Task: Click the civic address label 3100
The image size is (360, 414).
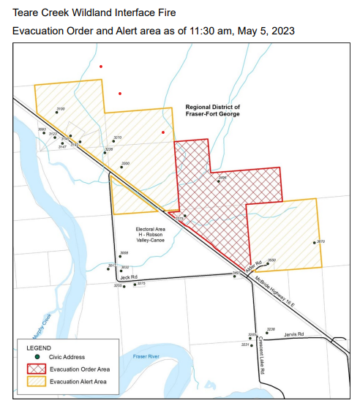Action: (x=60, y=109)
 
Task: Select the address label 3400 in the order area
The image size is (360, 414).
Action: (x=222, y=177)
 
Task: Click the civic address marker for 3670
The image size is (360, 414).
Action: (x=315, y=243)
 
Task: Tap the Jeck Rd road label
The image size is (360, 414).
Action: (x=130, y=277)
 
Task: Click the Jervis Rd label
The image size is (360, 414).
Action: (x=294, y=334)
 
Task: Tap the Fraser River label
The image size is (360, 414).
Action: (x=146, y=356)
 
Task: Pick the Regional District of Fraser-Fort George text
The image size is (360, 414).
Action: (x=212, y=110)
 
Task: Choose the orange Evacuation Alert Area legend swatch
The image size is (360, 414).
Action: (x=37, y=381)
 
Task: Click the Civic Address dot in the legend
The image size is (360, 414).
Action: (x=37, y=358)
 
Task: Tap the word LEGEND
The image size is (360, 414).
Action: (x=40, y=347)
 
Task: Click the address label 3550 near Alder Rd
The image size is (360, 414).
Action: (x=271, y=260)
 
